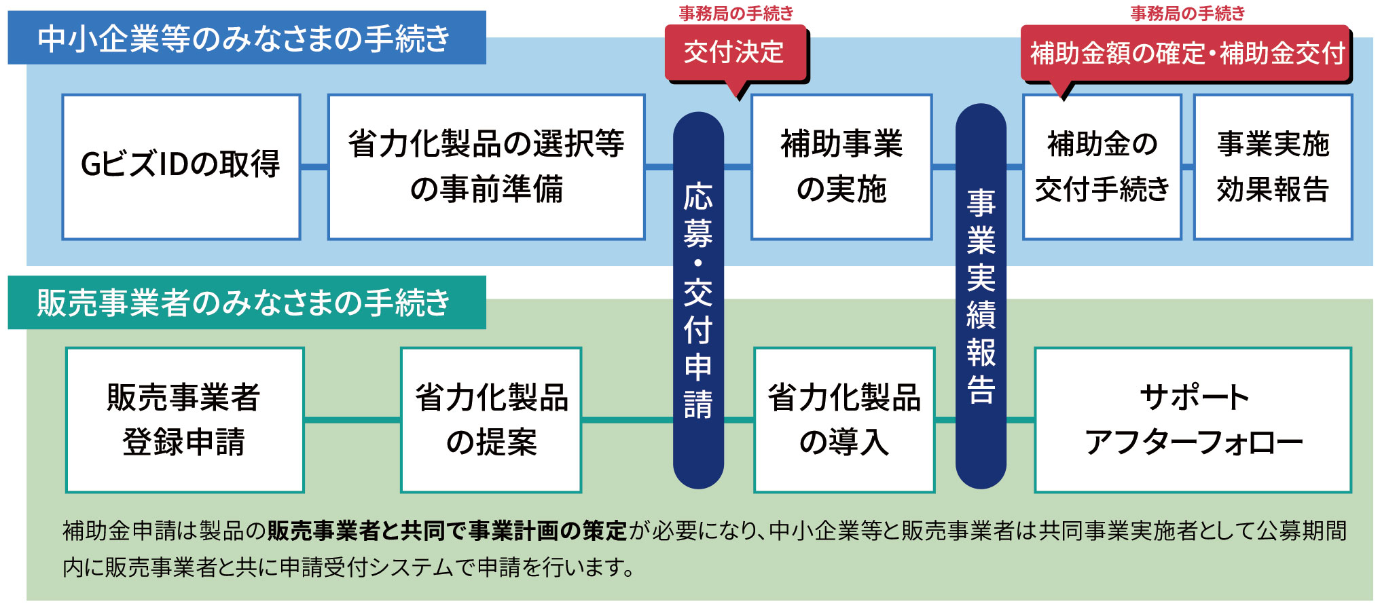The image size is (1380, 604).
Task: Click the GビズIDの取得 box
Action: tap(181, 166)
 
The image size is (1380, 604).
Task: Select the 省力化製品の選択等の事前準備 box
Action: tap(486, 166)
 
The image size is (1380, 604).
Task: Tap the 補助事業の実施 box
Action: tap(841, 166)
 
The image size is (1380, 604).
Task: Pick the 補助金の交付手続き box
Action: tap(1102, 166)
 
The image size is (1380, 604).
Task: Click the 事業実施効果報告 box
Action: tap(1272, 166)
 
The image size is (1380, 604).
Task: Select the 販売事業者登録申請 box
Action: tap(184, 419)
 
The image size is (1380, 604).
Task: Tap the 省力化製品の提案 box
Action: tap(490, 419)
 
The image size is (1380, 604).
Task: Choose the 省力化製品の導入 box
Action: tap(843, 419)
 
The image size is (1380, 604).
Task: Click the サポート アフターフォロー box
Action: tap(1193, 419)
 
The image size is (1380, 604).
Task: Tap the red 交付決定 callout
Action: tap(735, 52)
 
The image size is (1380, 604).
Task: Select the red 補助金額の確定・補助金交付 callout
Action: tap(1186, 53)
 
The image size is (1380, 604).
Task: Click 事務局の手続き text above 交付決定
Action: tap(736, 13)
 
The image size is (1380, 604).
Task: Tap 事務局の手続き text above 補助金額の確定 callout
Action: tap(1187, 13)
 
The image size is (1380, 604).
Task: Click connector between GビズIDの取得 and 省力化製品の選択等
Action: tap(314, 166)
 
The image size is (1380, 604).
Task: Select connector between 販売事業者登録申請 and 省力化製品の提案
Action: tap(352, 419)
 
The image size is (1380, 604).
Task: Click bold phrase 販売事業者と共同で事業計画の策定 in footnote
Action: tap(447, 531)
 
